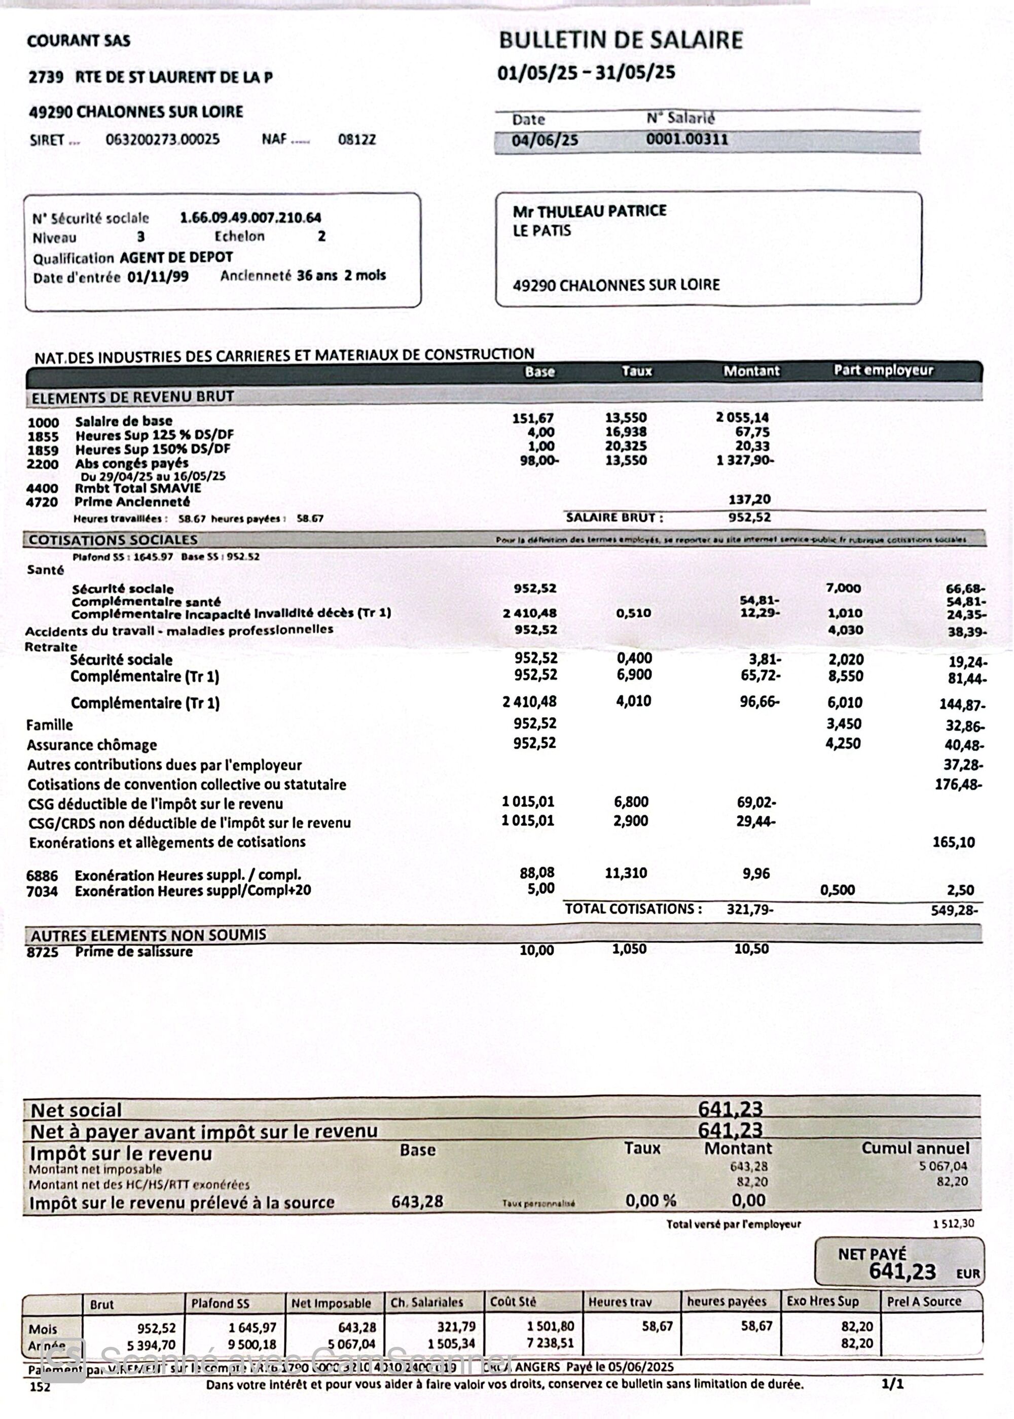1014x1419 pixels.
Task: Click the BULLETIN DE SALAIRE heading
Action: [621, 40]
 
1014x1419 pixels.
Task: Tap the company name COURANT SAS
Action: [79, 41]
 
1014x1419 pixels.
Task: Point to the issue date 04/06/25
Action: [545, 140]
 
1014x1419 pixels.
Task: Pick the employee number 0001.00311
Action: [687, 139]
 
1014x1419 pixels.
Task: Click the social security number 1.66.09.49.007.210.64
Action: [250, 218]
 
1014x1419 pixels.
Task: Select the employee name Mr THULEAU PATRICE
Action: [590, 211]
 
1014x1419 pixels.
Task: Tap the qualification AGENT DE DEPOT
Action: [176, 257]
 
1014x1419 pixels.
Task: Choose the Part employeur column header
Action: [883, 370]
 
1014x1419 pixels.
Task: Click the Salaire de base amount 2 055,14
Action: [742, 418]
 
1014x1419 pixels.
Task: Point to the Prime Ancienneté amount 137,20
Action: [749, 499]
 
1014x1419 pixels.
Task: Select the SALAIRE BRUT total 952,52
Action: [749, 517]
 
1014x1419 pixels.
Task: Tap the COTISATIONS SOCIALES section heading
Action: [113, 540]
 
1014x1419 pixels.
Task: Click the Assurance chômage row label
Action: [91, 745]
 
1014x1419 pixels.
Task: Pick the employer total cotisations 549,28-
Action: [954, 910]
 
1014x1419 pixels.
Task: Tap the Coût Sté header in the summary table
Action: [513, 1301]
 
